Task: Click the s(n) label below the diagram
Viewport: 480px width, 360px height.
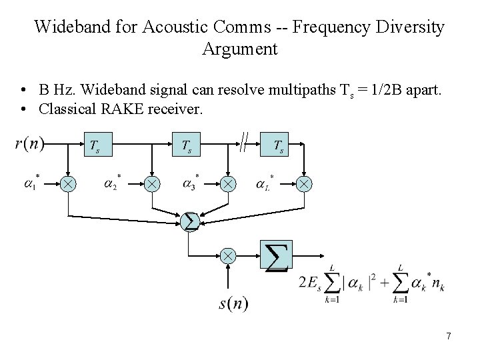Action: point(233,304)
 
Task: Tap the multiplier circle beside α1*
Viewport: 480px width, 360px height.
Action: point(68,183)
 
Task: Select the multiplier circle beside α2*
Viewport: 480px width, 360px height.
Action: point(153,183)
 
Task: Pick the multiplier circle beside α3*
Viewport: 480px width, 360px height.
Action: point(229,183)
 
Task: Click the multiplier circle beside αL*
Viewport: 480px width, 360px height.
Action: point(305,183)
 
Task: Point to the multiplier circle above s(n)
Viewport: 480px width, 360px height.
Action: point(229,255)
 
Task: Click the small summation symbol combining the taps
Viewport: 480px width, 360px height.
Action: point(190,221)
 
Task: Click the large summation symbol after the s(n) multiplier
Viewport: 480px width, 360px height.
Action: point(277,257)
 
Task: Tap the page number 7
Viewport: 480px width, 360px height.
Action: point(449,337)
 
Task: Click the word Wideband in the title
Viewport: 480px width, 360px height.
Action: point(67,27)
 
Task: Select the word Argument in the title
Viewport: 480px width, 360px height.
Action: point(239,49)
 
